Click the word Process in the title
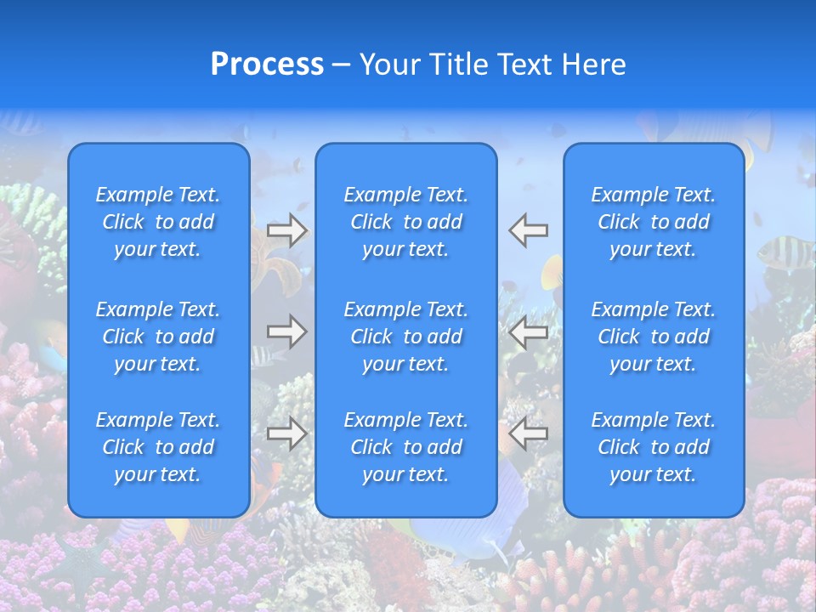tap(267, 65)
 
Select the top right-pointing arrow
tap(287, 230)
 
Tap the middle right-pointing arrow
tap(287, 331)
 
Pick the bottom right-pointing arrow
tap(287, 434)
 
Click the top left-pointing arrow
tap(528, 229)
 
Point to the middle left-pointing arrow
tap(528, 331)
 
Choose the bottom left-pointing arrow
tap(528, 434)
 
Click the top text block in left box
tap(158, 222)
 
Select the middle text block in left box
tap(158, 337)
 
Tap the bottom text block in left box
tap(158, 447)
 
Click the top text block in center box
tap(406, 222)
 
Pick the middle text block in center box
tap(406, 337)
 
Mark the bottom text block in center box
tap(406, 447)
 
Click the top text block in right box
tap(654, 222)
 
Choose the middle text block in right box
tap(654, 337)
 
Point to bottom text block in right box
tap(654, 447)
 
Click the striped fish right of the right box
tap(780, 251)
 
